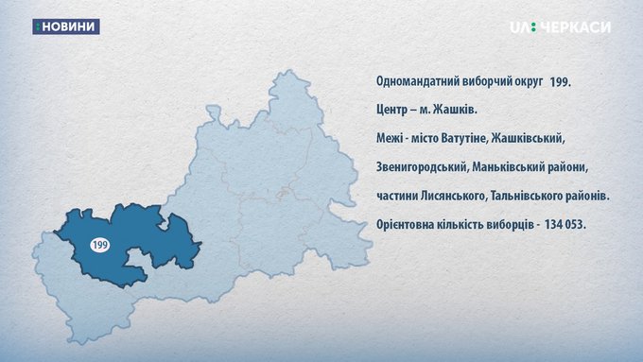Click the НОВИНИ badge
pyautogui.click(x=66, y=26)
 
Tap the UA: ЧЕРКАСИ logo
pyautogui.click(x=560, y=27)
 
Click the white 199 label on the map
pyautogui.click(x=99, y=245)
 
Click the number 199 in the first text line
pyautogui.click(x=560, y=82)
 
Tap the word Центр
pyautogui.click(x=391, y=111)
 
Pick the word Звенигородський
pyautogui.click(x=422, y=167)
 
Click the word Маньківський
pyautogui.click(x=508, y=167)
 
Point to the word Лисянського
pyautogui.click(x=453, y=197)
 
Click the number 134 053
pyautogui.click(x=565, y=225)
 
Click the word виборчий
pyautogui.click(x=484, y=81)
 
